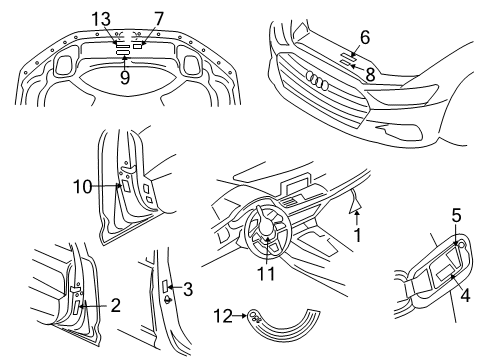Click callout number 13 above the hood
tap(101, 19)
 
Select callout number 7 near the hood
tap(159, 19)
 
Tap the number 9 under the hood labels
tap(125, 78)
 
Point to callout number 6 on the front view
tap(365, 37)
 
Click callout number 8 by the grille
tap(370, 74)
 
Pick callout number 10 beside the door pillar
tap(82, 187)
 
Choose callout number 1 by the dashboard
tap(357, 235)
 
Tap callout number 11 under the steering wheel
tap(266, 274)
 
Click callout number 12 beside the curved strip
tap(223, 315)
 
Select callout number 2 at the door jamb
tap(115, 305)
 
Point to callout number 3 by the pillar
tap(188, 289)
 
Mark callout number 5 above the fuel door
tap(456, 215)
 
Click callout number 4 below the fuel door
tap(465, 295)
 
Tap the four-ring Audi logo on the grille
tap(317, 80)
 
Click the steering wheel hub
tap(266, 228)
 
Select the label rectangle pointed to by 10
tap(126, 186)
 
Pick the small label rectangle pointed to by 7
tap(137, 46)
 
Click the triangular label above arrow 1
tap(355, 204)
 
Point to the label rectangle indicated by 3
tap(165, 286)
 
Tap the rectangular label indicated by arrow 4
tap(445, 274)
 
